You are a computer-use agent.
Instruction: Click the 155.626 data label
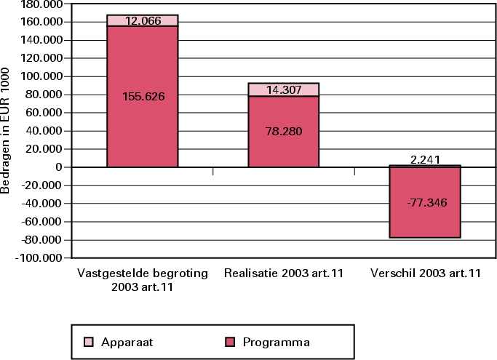(x=143, y=96)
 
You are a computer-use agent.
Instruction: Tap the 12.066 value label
(x=143, y=20)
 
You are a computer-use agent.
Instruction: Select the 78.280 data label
(x=284, y=132)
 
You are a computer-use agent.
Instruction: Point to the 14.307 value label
(x=284, y=89)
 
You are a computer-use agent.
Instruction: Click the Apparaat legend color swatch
(x=89, y=341)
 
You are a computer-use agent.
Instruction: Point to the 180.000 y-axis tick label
(x=41, y=4)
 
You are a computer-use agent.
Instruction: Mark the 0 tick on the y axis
(x=61, y=167)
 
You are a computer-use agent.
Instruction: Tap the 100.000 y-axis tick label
(x=41, y=76)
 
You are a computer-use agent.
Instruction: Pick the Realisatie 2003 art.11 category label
(x=284, y=273)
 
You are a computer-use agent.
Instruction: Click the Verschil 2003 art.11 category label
(x=425, y=273)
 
